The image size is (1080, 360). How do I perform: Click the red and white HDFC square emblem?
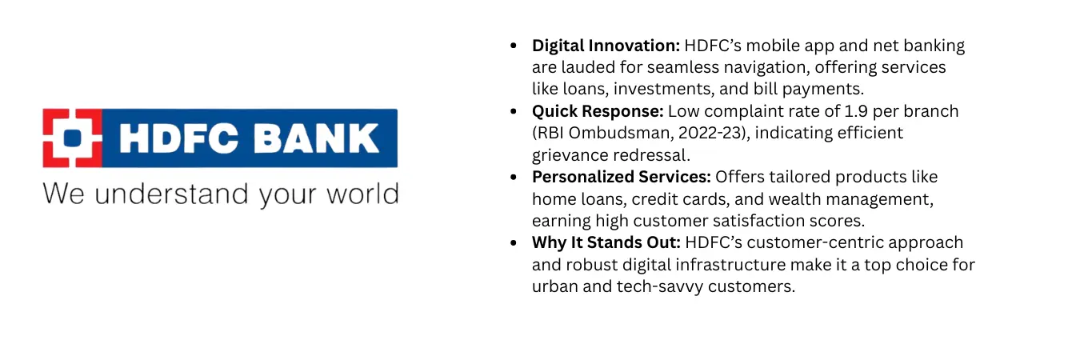pyautogui.click(x=72, y=138)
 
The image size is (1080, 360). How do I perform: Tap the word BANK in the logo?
pyautogui.click(x=316, y=138)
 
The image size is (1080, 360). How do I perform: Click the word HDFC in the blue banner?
pyautogui.click(x=179, y=138)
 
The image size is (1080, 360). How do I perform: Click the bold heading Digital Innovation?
pyautogui.click(x=606, y=46)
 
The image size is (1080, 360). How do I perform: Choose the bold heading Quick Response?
pyautogui.click(x=598, y=111)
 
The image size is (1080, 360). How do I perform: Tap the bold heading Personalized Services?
pyautogui.click(x=622, y=177)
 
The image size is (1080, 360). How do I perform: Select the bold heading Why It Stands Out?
pyautogui.click(x=606, y=242)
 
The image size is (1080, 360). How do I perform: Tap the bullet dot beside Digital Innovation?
pyautogui.click(x=514, y=46)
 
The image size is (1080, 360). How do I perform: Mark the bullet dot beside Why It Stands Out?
pyautogui.click(x=514, y=242)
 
